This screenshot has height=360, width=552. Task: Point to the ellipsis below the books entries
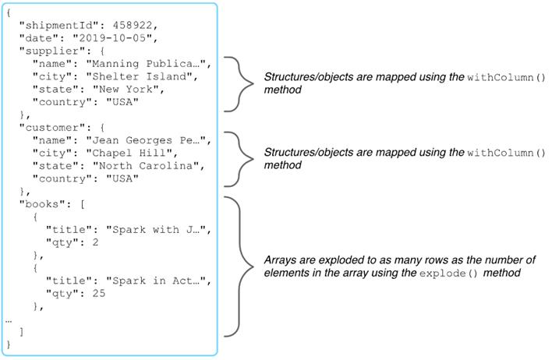tap(9, 319)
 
